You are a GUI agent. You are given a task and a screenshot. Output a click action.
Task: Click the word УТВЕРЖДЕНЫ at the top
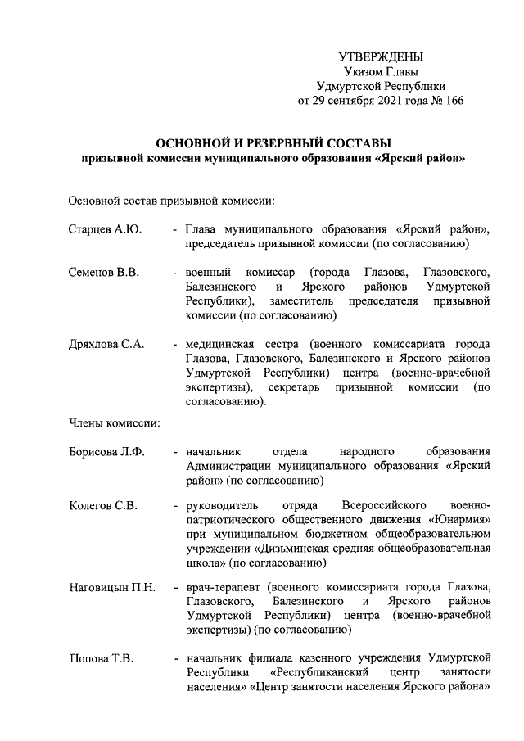381,56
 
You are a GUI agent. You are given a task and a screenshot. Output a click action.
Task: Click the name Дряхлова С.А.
106,344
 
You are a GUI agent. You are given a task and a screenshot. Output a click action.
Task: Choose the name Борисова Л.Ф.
106,451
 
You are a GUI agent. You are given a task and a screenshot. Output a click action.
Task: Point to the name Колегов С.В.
102,504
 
